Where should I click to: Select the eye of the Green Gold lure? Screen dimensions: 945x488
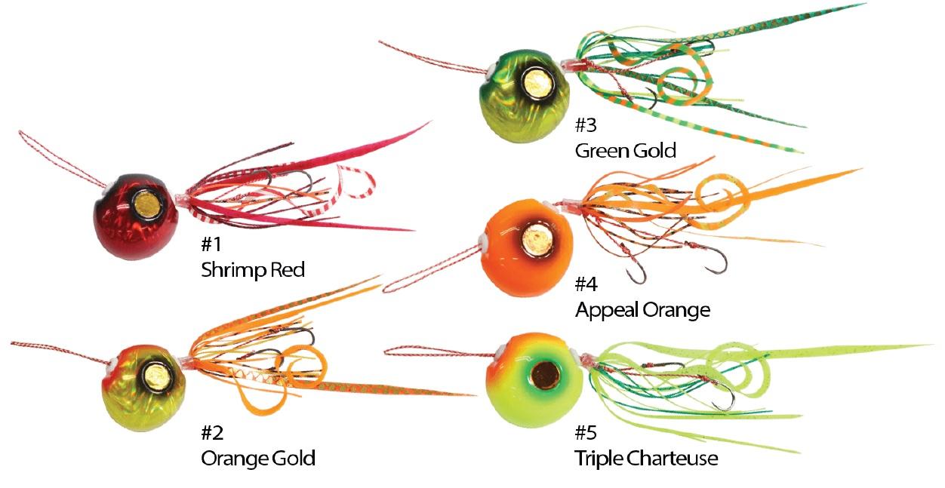click(x=537, y=83)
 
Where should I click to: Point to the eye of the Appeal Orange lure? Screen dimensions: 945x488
click(x=537, y=240)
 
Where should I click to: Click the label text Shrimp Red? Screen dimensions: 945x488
click(x=253, y=270)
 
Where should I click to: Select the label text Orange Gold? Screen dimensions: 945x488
click(x=258, y=458)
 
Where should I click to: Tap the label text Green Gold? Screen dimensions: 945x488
click(x=626, y=150)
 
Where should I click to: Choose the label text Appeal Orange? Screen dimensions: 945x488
click(x=642, y=310)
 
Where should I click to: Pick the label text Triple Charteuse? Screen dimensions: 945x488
click(x=646, y=459)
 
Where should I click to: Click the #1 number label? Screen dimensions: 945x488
click(x=211, y=244)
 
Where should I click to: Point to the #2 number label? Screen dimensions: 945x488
click(x=212, y=432)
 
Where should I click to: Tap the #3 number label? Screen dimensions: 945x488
click(x=586, y=124)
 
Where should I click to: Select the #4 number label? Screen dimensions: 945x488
click(x=586, y=284)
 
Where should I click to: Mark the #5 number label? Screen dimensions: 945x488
click(x=586, y=432)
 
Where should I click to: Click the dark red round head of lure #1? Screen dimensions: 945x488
click(x=136, y=216)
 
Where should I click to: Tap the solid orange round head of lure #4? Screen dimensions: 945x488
click(x=528, y=248)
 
